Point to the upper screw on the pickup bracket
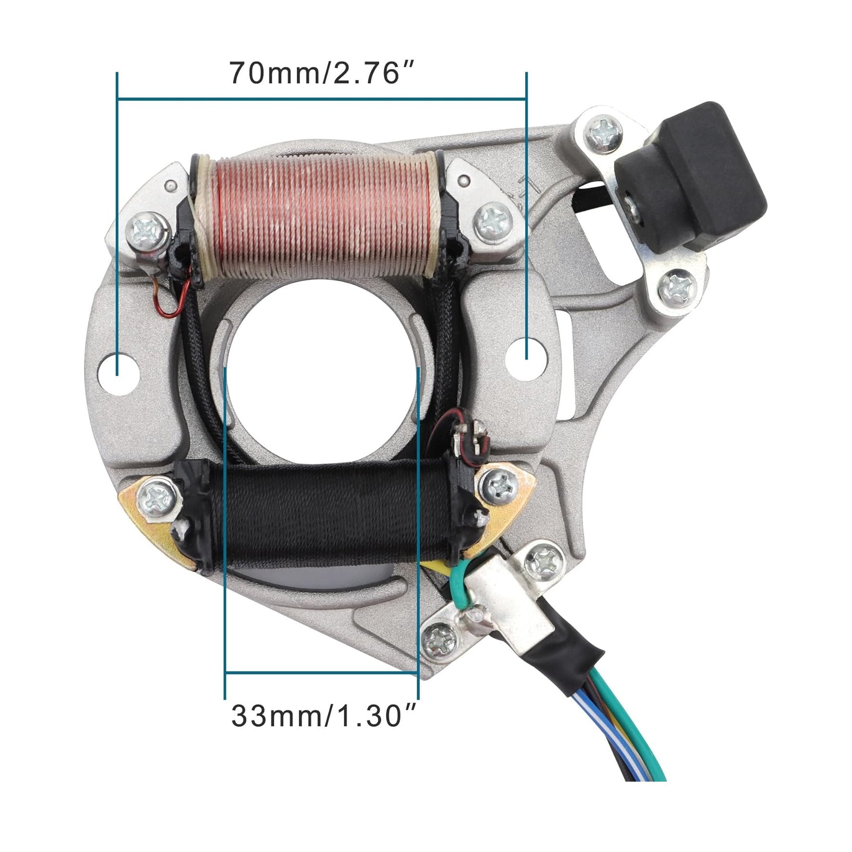point(604,132)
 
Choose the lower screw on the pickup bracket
point(677,290)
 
